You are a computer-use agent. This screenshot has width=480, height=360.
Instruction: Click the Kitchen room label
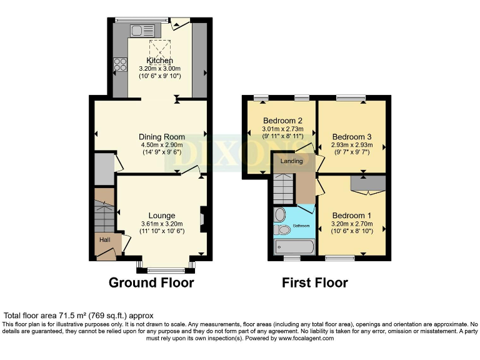(x=159, y=60)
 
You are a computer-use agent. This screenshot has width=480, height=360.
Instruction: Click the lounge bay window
(x=166, y=269)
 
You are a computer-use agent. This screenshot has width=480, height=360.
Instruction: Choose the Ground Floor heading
(x=151, y=282)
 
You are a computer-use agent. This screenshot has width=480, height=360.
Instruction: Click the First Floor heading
(x=314, y=282)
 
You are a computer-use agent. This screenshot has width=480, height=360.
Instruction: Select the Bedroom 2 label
(x=282, y=121)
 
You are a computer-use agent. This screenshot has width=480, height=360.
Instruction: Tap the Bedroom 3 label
(x=352, y=137)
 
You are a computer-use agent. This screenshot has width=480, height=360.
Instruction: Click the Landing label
(x=291, y=161)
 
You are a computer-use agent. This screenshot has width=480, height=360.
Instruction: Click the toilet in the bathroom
(x=282, y=231)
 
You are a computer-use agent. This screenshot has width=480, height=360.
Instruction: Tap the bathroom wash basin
(x=279, y=214)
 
